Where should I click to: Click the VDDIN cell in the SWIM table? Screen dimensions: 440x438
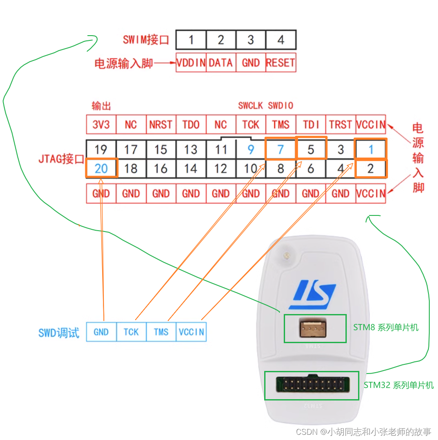pyautogui.click(x=191, y=63)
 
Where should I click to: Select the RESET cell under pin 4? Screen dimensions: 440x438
pyautogui.click(x=281, y=63)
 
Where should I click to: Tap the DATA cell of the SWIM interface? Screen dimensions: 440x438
pyautogui.click(x=221, y=63)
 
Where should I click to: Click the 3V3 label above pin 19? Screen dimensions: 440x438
pyautogui.click(x=101, y=125)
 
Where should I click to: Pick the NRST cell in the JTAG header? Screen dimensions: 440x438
pyautogui.click(x=161, y=125)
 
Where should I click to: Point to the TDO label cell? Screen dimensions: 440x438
pyautogui.click(x=191, y=125)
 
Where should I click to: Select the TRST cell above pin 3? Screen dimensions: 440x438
pyautogui.click(x=341, y=125)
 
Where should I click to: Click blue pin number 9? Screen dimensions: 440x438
pyautogui.click(x=251, y=149)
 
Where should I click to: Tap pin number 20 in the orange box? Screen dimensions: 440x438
pyautogui.click(x=101, y=168)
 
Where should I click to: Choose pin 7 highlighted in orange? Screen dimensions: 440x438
pyautogui.click(x=281, y=149)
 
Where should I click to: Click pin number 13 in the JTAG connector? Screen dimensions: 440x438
pyautogui.click(x=191, y=149)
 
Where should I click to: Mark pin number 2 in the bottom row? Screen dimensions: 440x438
pyautogui.click(x=370, y=168)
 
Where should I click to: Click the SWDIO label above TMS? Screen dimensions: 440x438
pyautogui.click(x=281, y=106)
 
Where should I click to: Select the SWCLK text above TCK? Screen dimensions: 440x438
pyautogui.click(x=251, y=106)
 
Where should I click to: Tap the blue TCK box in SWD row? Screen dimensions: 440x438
pyautogui.click(x=131, y=332)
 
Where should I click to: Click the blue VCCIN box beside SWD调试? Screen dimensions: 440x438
pyautogui.click(x=191, y=332)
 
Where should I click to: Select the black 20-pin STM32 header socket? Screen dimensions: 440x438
pyautogui.click(x=312, y=385)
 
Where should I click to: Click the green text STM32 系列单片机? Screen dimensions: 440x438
pyautogui.click(x=398, y=385)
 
